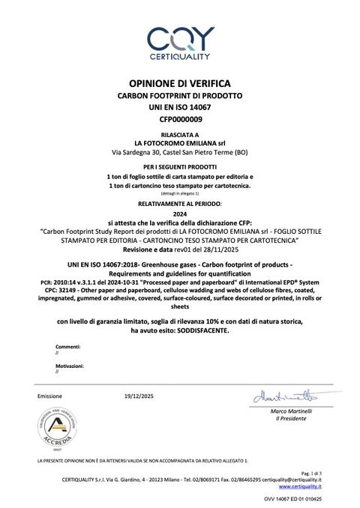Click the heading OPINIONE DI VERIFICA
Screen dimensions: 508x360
tap(180, 83)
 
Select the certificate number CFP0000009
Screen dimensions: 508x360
tap(180, 119)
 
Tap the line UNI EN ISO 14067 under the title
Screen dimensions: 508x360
tap(180, 108)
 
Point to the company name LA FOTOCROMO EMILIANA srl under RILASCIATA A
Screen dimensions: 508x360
tap(180, 142)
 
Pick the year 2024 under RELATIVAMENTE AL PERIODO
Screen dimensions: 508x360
tap(180, 214)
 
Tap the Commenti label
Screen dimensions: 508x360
tap(67, 347)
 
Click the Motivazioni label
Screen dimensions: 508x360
tap(70, 365)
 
